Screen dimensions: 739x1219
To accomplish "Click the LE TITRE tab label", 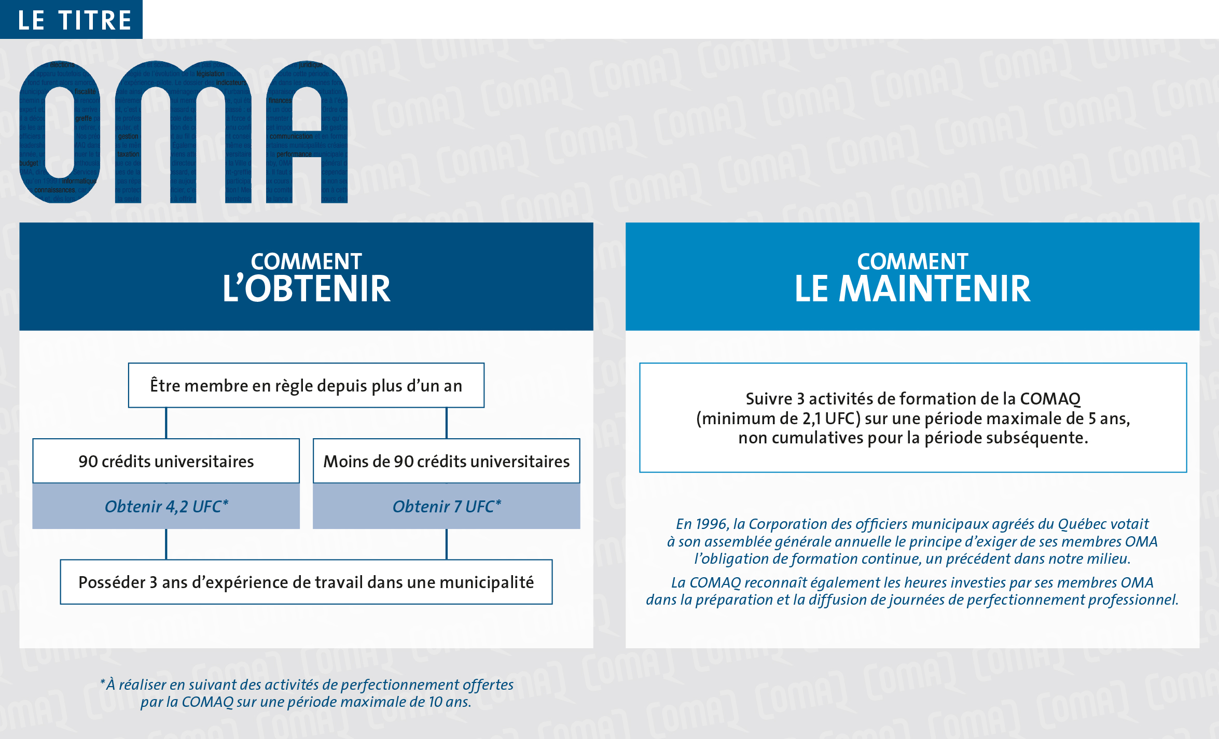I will (x=74, y=20).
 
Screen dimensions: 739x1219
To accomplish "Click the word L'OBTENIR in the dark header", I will (x=306, y=289).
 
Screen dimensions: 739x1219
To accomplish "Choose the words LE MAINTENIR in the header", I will (x=912, y=289).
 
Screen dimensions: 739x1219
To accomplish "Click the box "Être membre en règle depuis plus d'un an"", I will (x=306, y=385).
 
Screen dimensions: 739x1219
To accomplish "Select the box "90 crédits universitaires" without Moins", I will (x=166, y=461).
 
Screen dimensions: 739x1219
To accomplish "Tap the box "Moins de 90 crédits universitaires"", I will (x=446, y=461).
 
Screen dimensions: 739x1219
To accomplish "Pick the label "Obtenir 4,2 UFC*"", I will (x=166, y=506).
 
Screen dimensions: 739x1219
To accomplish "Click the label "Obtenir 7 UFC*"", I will (x=446, y=506).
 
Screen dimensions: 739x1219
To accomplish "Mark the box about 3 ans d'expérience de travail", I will (x=306, y=582).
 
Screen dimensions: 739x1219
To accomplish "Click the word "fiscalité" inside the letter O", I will (x=85, y=92).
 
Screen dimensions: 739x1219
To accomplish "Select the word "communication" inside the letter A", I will (x=291, y=136).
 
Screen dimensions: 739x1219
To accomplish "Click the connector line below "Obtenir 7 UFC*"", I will (x=446, y=543).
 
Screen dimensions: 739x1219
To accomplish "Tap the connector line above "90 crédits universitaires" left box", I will (x=166, y=423).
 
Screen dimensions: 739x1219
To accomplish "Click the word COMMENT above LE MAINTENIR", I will (x=912, y=261).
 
